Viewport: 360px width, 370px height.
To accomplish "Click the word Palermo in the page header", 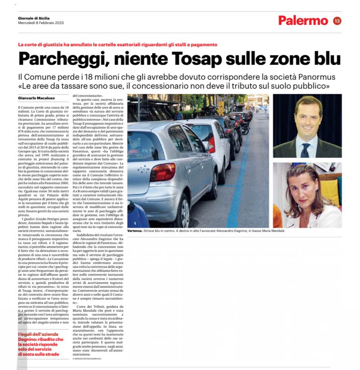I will (x=303, y=20).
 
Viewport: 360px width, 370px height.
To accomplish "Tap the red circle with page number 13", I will (x=337, y=20).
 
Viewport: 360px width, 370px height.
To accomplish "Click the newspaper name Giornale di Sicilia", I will (x=34, y=18).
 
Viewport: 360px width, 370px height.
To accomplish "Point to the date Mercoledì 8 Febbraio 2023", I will (x=41, y=22).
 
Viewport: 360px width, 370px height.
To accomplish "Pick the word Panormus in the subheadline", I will (x=313, y=76).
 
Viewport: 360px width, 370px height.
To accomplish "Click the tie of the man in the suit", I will (x=306, y=148).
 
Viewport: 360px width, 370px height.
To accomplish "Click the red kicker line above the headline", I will (x=117, y=45).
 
